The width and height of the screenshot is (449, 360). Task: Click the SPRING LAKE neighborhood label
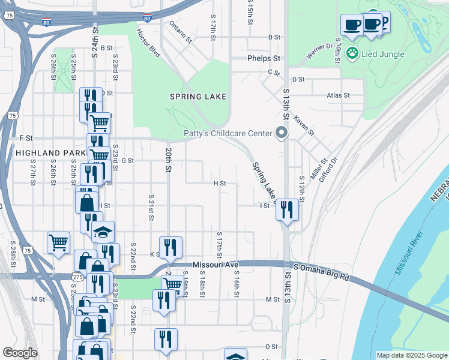pyautogui.click(x=197, y=96)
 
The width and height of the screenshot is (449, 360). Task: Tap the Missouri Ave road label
pyautogui.click(x=215, y=265)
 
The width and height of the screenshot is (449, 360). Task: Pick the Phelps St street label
pyautogui.click(x=264, y=59)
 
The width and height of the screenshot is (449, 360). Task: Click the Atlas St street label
pyautogui.click(x=338, y=95)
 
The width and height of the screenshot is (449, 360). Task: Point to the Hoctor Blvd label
pyautogui.click(x=148, y=43)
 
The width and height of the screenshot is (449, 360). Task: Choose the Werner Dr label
pyautogui.click(x=319, y=51)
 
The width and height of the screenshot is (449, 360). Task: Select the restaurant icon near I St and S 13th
pyautogui.click(x=287, y=210)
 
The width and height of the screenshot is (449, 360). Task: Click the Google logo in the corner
pyautogui.click(x=20, y=353)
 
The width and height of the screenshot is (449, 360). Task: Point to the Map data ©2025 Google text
pyautogui.click(x=411, y=355)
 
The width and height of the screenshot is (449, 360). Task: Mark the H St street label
pyautogui.click(x=220, y=183)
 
